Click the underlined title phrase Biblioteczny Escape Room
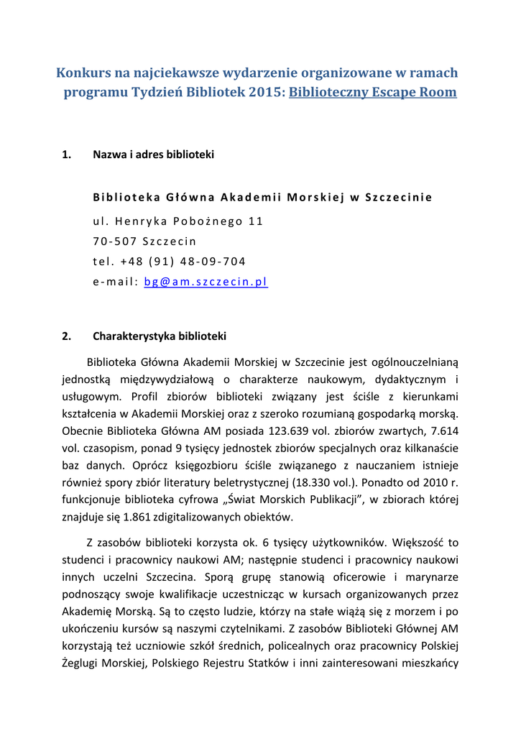tap(372, 93)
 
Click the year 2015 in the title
tap(249, 93)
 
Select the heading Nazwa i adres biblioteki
tap(153, 155)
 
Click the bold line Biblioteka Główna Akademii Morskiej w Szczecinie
tap(262, 198)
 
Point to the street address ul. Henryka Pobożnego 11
tap(178, 221)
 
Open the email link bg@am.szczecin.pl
tap(206, 282)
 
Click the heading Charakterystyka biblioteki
tap(160, 336)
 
